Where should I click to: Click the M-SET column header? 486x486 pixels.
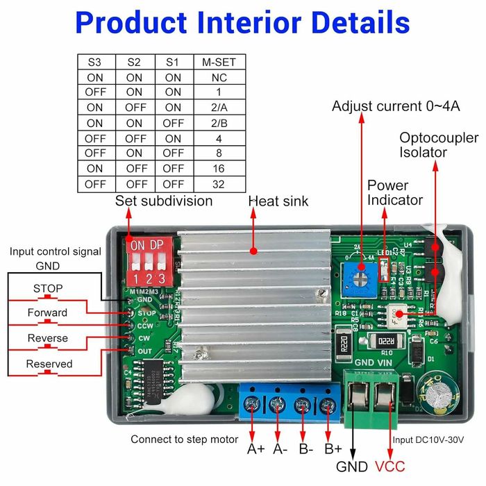pos(219,62)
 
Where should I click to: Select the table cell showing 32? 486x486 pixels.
pos(219,184)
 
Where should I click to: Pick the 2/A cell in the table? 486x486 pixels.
pos(219,108)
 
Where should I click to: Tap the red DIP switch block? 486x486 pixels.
pos(147,259)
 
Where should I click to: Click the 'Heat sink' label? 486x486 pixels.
pos(278,201)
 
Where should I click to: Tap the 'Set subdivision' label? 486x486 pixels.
pos(164,201)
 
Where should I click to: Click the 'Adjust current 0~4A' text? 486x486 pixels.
pos(386,106)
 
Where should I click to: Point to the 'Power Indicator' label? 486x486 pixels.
pos(394,192)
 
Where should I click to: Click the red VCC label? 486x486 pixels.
pos(389,467)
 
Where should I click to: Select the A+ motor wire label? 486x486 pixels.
pos(256,449)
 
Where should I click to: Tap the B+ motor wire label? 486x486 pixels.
pos(333,449)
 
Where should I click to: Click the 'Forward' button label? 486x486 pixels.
pos(47,312)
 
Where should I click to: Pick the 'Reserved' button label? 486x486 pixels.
pos(49,364)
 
